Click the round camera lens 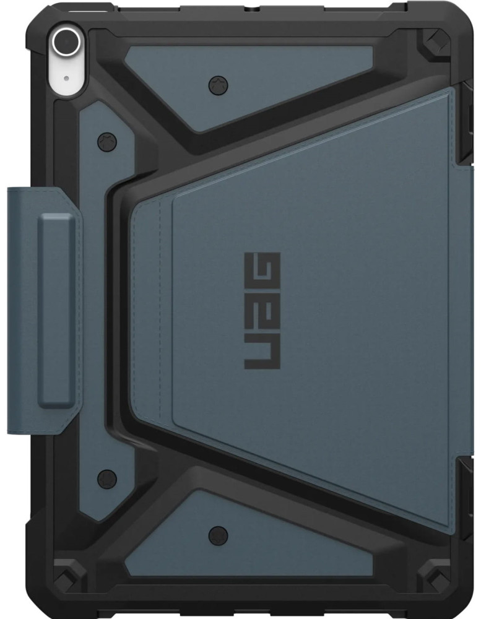[64, 42]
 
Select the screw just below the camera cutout [106, 141]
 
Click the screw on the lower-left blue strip [106, 478]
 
